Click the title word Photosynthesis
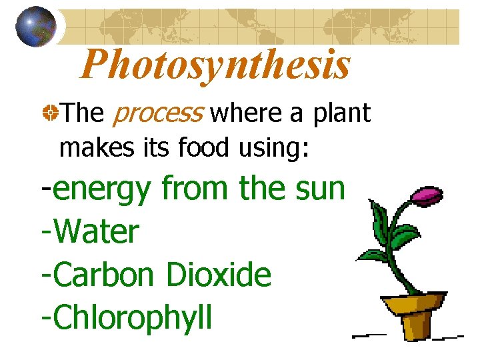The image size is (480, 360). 215,65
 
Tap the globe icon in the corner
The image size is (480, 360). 35,26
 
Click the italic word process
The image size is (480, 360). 157,114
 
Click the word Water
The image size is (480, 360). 97,232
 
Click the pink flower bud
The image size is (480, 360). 427,195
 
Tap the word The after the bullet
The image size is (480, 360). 82,114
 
